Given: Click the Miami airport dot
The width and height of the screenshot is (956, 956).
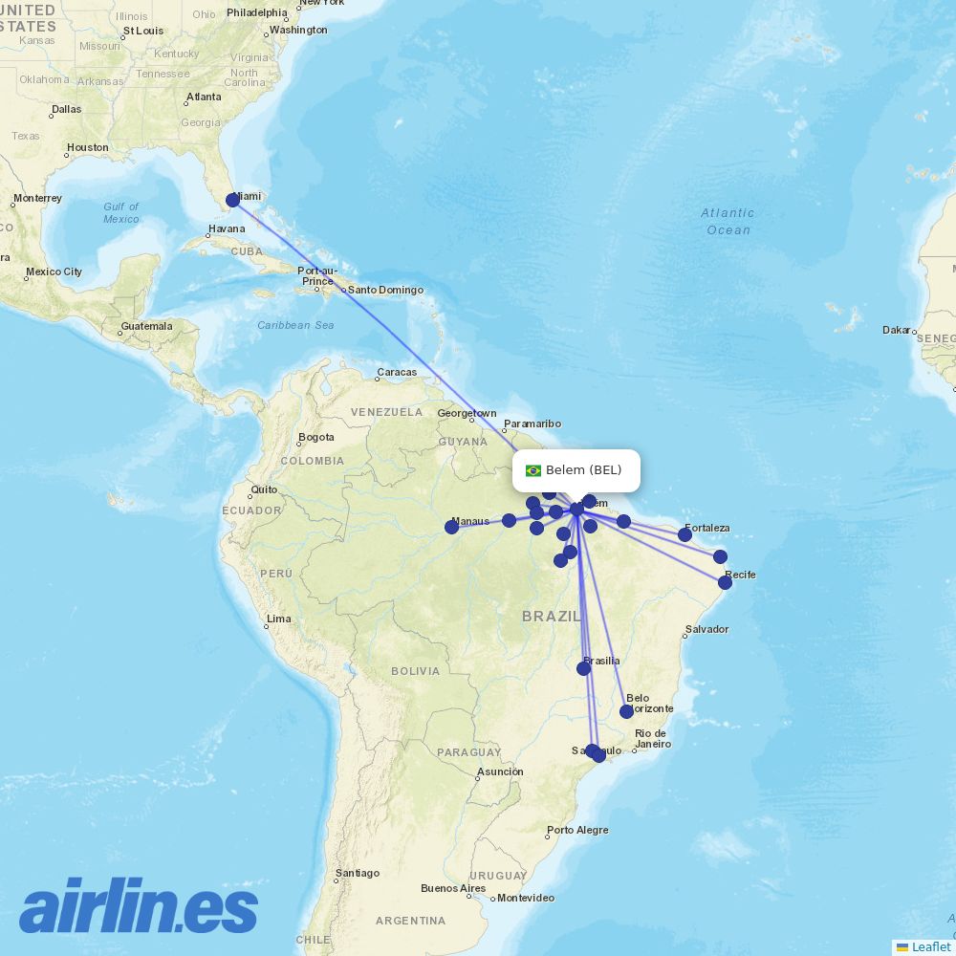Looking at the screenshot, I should pos(232,200).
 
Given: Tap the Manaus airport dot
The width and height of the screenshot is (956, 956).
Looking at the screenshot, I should pos(451,527).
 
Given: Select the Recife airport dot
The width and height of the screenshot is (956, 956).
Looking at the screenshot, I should pos(725,582).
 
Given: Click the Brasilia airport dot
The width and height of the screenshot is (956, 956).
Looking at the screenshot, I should pos(583,668).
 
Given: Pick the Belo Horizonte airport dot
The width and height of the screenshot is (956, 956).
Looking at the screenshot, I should pos(626,711).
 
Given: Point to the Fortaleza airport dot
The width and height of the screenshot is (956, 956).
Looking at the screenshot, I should pos(684,534).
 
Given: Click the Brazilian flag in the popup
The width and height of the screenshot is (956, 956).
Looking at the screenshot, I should pos(533,470).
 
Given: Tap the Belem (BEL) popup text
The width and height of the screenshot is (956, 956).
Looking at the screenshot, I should pos(583,469).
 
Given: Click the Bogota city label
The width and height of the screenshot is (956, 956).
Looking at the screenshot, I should pos(316,438).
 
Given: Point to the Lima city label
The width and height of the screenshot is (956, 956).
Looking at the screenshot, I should pos(278,619).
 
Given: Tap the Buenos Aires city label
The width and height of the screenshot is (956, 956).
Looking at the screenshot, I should pos(453,888).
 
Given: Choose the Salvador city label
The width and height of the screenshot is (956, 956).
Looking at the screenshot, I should pos(706,629).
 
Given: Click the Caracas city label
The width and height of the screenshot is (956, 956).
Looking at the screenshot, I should pos(397,372).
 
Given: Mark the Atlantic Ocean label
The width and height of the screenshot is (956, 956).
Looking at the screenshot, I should pos(728,221).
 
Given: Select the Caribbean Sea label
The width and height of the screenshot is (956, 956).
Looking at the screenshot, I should pos(296,325).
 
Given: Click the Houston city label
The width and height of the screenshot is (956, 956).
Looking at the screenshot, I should pos(88,148).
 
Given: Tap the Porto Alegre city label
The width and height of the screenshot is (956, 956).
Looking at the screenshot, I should pos(577,830).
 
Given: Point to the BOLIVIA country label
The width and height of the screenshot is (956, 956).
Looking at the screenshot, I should pos(415,671).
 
